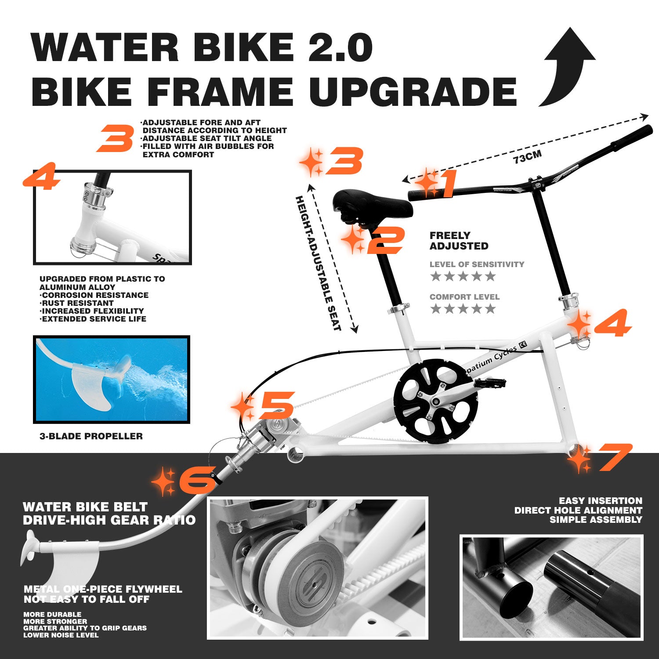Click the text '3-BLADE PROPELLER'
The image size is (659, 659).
91,436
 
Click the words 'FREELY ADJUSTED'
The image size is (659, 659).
459,241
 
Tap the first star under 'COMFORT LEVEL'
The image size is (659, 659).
436,309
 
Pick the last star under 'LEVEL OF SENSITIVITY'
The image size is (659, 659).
490,276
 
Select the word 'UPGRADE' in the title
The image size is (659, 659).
413,92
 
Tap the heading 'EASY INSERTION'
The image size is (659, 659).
600,501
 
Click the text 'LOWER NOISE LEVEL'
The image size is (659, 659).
61,635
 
